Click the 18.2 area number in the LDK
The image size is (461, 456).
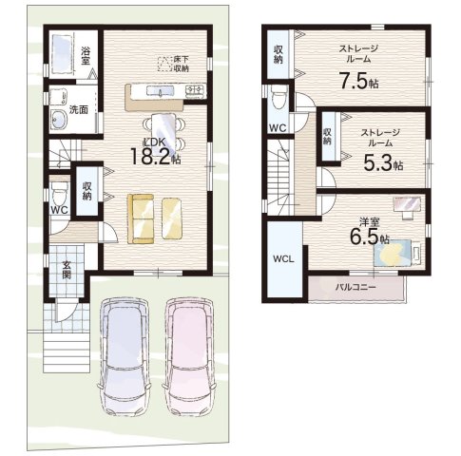[151, 157]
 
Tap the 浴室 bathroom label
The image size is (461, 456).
[85, 55]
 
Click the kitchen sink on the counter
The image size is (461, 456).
[160, 91]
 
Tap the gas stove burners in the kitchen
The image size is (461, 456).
[195, 90]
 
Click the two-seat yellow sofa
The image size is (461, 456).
[141, 218]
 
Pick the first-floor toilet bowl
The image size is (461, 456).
[59, 194]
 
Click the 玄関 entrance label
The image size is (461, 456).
[67, 270]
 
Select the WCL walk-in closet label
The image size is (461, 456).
[283, 259]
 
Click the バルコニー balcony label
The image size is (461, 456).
[355, 287]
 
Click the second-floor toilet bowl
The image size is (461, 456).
[279, 98]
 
